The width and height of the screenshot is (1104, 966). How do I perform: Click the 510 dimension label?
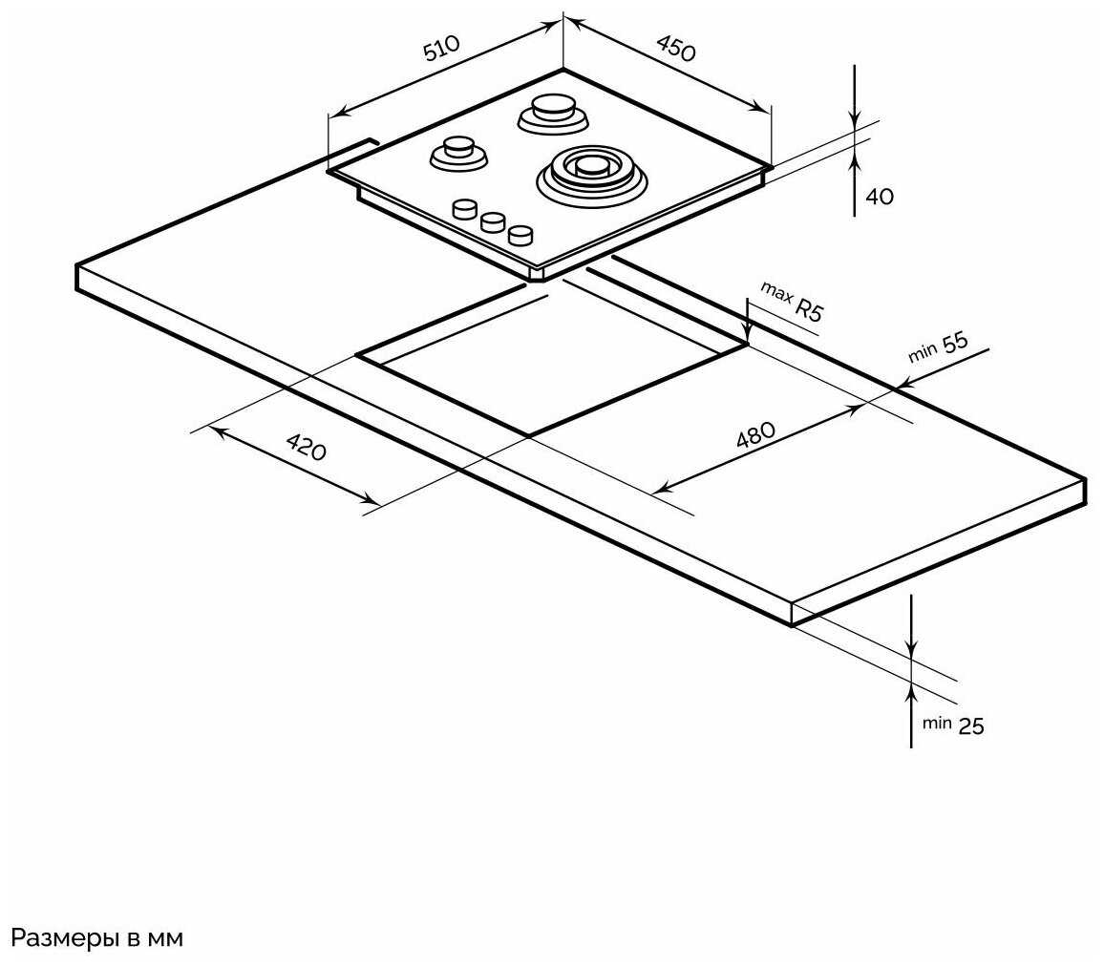click(441, 48)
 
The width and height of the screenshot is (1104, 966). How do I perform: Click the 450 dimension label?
click(676, 48)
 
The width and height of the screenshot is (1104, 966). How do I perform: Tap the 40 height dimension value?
click(879, 197)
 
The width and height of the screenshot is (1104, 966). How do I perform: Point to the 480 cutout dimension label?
click(755, 435)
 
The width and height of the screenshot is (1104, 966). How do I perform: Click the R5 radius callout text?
click(809, 309)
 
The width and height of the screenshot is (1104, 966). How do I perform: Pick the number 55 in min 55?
click(955, 343)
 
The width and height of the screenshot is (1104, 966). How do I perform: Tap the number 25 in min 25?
click(971, 726)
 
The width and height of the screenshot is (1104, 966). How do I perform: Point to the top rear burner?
click(553, 115)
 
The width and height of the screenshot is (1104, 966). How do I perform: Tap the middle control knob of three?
click(493, 222)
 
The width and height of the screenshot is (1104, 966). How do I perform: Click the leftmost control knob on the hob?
click(465, 210)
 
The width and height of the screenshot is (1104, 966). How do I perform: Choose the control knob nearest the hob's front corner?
click(520, 235)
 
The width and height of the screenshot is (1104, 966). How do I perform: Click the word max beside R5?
click(776, 292)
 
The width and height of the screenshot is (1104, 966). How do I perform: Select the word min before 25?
click(937, 724)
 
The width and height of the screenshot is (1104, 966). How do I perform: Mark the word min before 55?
click(923, 351)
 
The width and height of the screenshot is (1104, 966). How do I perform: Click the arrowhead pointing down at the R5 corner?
click(748, 335)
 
